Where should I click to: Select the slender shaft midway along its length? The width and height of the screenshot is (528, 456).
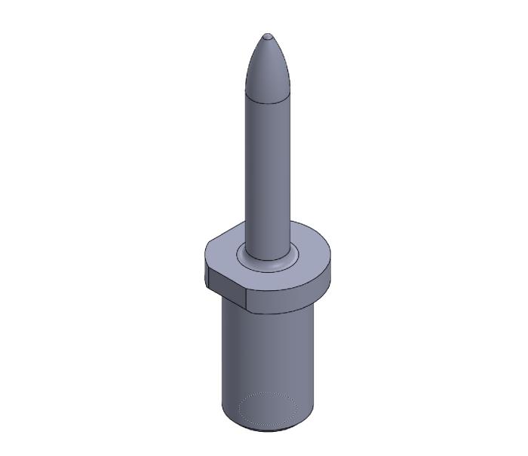[267, 173]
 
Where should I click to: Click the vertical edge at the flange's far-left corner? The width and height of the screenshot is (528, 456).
[206, 268]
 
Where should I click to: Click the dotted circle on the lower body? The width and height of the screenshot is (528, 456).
[268, 409]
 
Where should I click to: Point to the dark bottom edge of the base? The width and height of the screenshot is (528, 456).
[268, 430]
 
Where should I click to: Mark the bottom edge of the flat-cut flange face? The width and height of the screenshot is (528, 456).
[226, 298]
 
